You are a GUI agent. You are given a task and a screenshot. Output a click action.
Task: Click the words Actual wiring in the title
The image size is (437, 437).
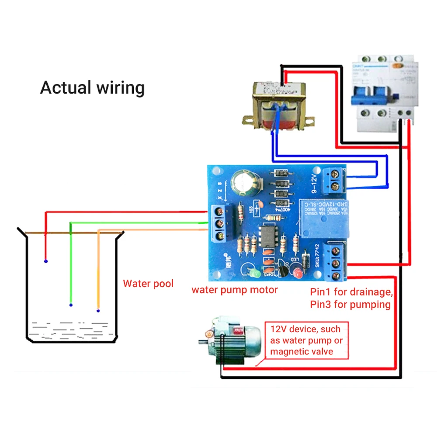coord(92,87)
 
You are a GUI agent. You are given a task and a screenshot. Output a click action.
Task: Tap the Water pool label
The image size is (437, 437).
coord(148,284)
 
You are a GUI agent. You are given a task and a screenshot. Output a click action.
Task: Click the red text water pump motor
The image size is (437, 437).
coord(235,290)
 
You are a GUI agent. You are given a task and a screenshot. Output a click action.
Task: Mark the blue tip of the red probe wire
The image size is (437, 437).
coord(46,261)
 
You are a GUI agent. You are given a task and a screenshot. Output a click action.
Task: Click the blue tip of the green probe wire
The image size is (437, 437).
coord(71,305)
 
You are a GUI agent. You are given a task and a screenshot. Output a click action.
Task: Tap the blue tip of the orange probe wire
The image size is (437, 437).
coord(98,311)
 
